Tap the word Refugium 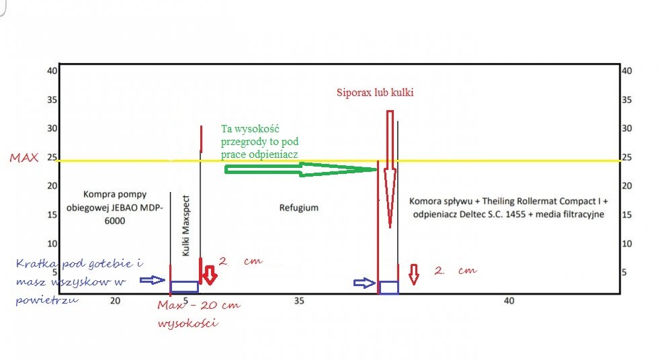[299, 208]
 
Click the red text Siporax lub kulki [375, 93]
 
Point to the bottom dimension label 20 [116, 301]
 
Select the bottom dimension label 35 [300, 301]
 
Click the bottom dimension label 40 [509, 301]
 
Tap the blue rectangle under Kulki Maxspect [184, 287]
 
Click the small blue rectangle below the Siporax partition [388, 287]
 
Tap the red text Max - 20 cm [198, 306]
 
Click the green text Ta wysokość [255, 129]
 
